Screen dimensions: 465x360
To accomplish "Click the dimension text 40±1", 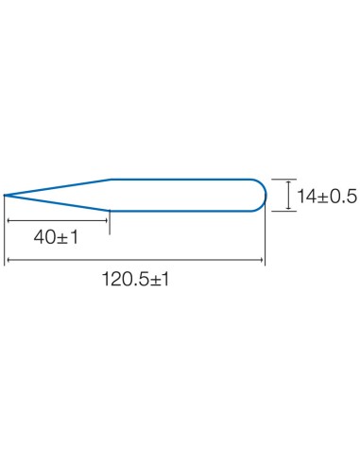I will [55, 237].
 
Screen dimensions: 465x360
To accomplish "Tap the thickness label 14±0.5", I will [326, 196].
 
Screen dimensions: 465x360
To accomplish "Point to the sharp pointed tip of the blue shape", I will [5, 196].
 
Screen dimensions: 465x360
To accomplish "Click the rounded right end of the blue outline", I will [265, 195].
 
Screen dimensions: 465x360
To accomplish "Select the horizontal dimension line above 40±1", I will [57, 221].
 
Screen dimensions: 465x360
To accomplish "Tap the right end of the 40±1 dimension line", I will [109, 221].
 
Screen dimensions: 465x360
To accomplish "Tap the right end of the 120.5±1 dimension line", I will [265, 260].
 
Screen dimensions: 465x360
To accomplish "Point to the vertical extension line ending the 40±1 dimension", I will [110, 223].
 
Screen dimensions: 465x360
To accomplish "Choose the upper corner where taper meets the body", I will [111, 179].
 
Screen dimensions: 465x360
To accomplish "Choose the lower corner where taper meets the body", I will [110, 212].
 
